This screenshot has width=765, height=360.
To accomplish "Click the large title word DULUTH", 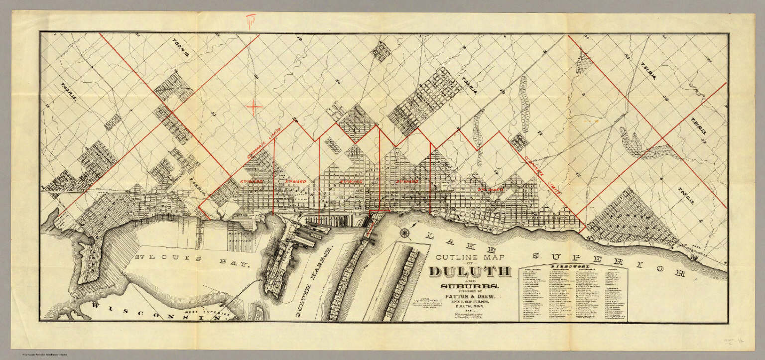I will [470, 272].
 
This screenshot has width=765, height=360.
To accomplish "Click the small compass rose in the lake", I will [404, 232].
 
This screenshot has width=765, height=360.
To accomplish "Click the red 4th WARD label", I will [351, 182].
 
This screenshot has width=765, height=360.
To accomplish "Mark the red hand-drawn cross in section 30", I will [254, 106].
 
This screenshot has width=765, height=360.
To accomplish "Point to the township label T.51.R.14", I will [650, 73].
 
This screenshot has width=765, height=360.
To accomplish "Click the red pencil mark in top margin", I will [251, 20].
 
